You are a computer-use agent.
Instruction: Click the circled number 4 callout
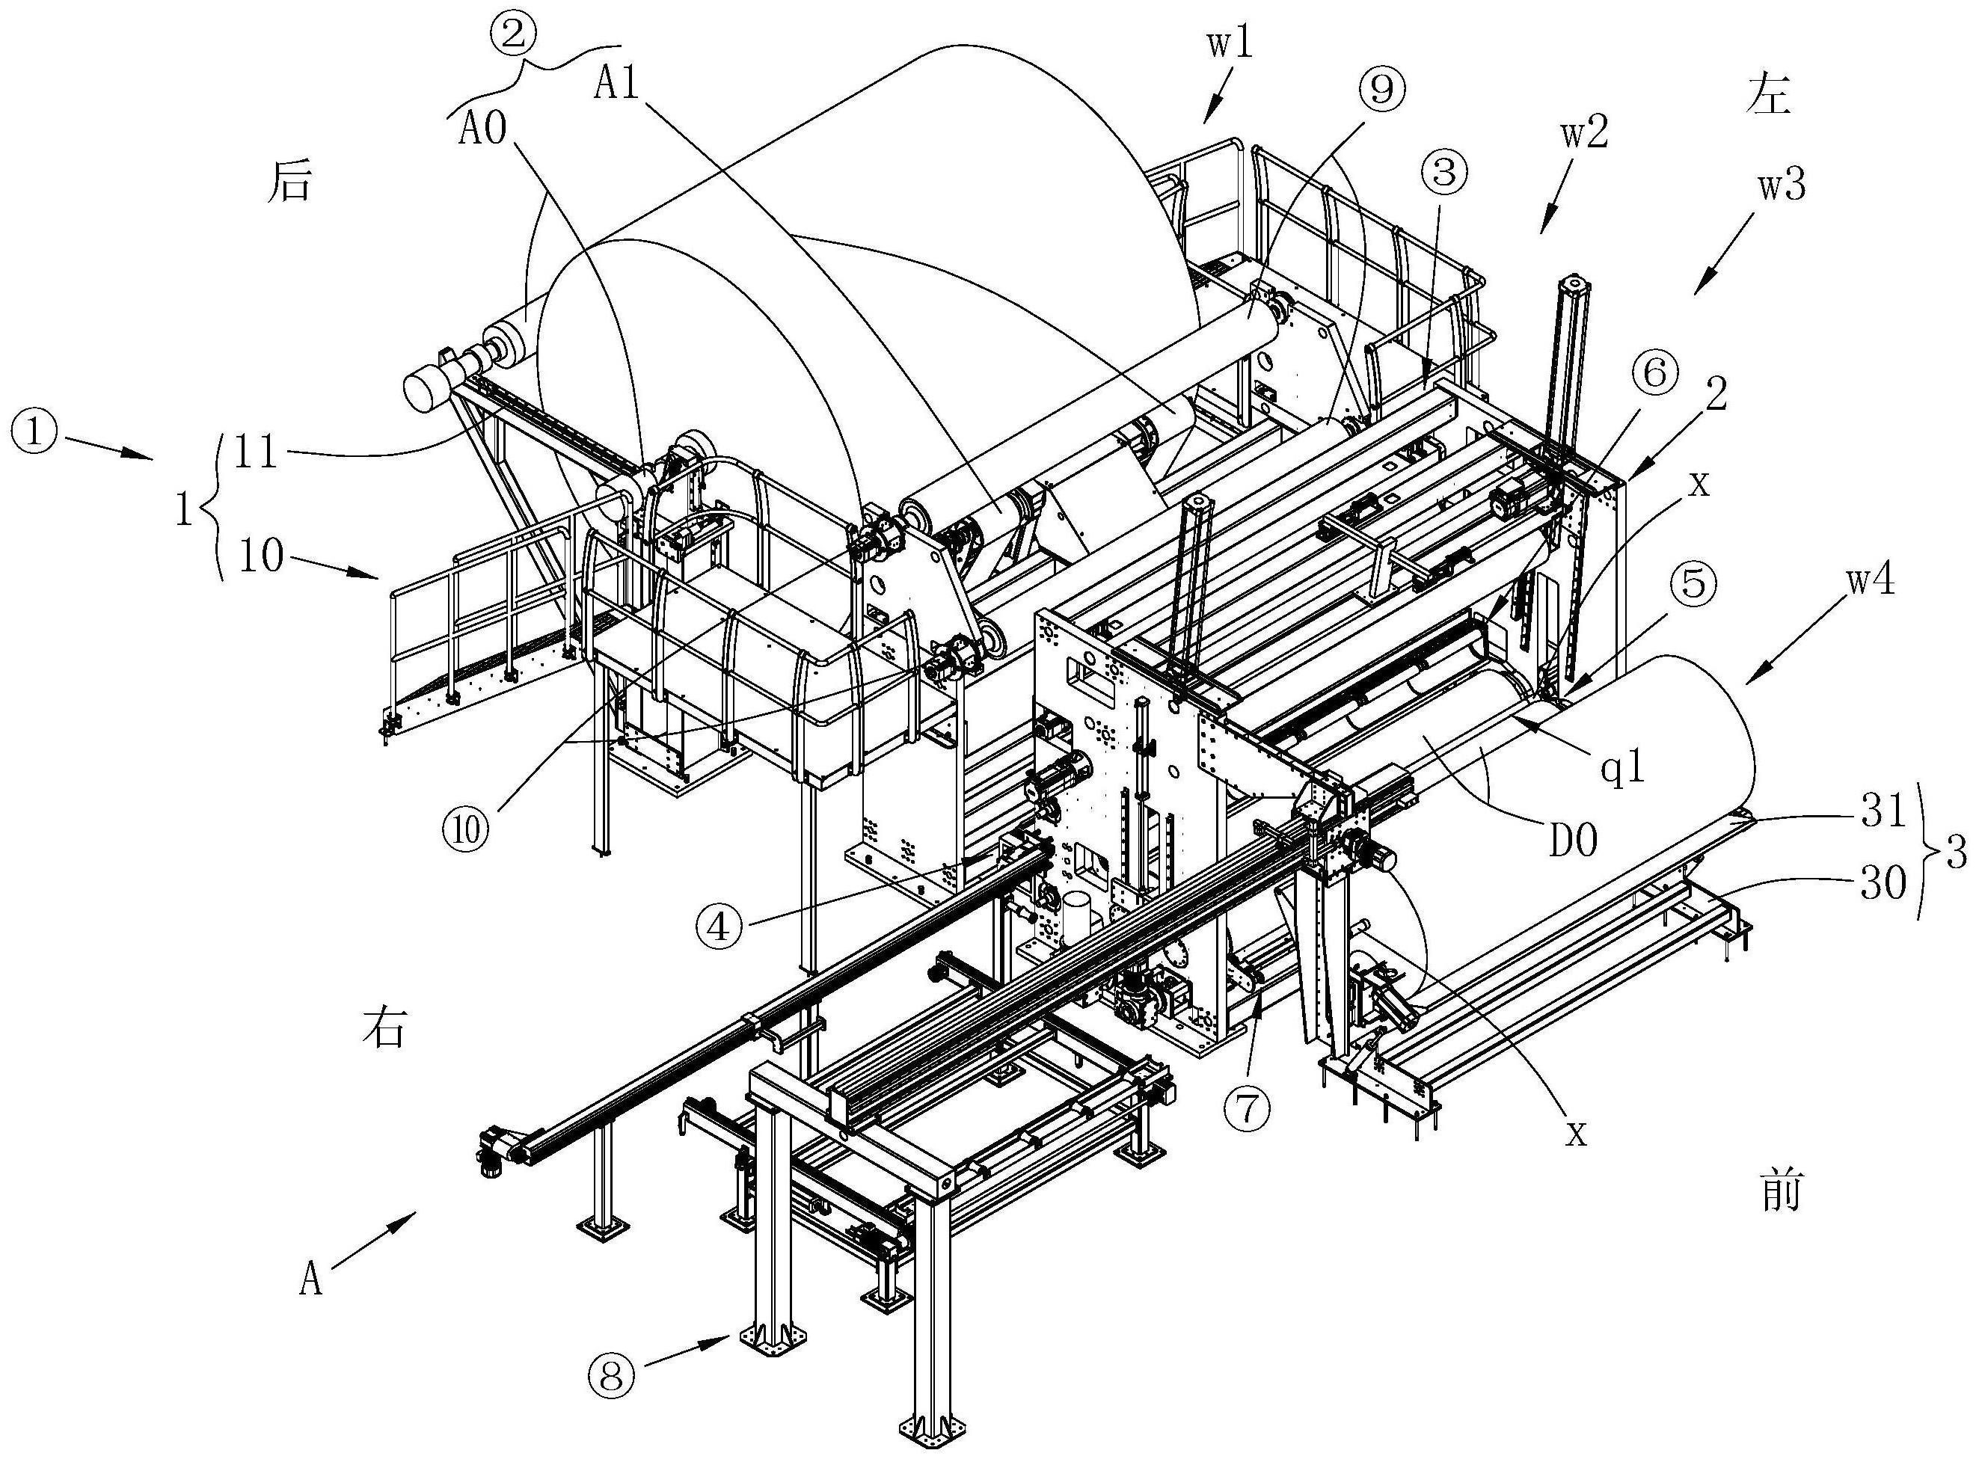pyautogui.click(x=720, y=927)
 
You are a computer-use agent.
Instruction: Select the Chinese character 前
pyautogui.click(x=1777, y=1192)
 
